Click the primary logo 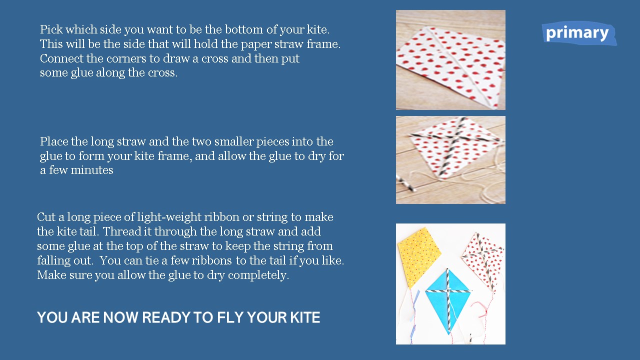coord(579,33)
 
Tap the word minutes coord(92,170)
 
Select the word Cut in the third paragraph coord(46,217)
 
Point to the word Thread coord(121,231)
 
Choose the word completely coord(258,275)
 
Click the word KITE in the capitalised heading coord(305,317)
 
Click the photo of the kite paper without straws coord(450,60)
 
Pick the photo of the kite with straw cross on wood coord(450,160)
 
